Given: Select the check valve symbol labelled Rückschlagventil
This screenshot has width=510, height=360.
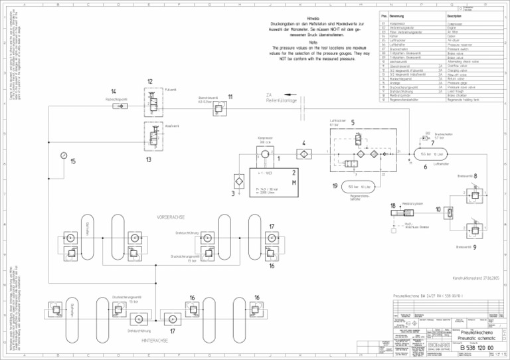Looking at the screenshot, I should [x=118, y=106].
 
